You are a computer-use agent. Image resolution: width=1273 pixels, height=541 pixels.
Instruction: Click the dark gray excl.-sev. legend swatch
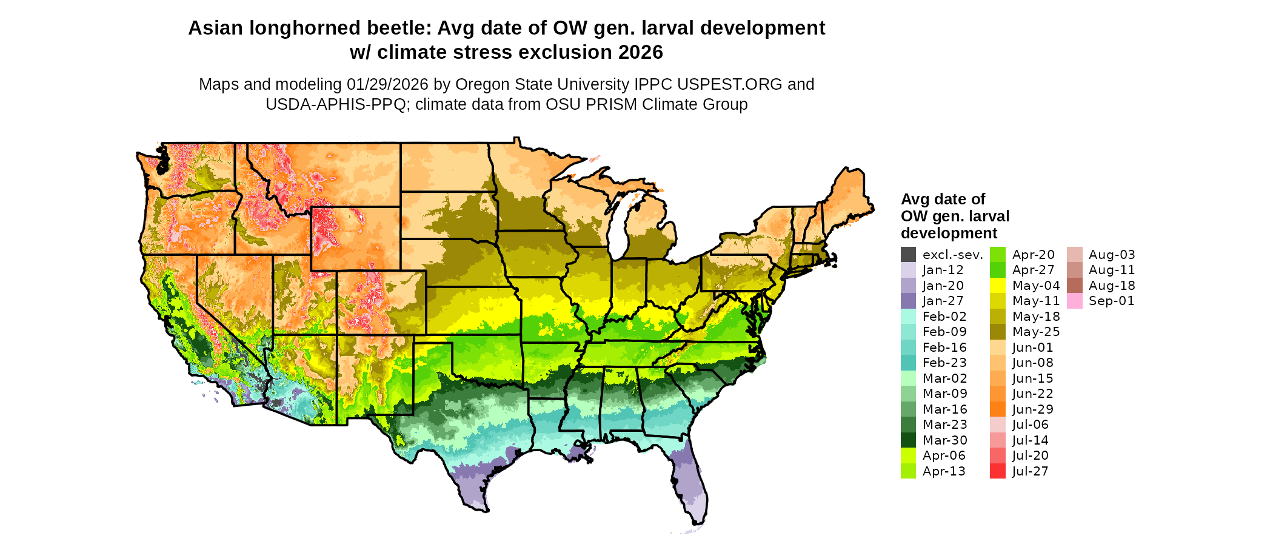[908, 255]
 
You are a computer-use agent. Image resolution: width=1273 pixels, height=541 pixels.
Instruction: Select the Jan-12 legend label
[943, 270]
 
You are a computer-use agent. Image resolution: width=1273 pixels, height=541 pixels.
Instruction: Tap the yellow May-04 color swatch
[998, 286]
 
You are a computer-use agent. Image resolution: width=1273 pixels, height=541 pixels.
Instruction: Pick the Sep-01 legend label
[1111, 301]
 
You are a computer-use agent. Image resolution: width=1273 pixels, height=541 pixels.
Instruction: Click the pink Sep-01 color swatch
[1075, 301]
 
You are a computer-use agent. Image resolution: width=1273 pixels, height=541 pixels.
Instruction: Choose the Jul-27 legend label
[1030, 471]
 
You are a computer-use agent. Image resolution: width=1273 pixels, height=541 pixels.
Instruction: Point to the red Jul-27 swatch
[998, 471]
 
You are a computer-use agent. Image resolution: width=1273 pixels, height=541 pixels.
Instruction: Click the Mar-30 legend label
[944, 440]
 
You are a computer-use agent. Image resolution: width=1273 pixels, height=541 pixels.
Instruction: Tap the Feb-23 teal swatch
[908, 363]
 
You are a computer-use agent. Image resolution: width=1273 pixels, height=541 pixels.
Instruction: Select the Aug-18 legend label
[1112, 286]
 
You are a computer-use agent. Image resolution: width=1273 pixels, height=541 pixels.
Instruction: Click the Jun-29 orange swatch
[998, 409]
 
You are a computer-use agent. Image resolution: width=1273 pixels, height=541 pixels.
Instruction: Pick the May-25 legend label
[1036, 332]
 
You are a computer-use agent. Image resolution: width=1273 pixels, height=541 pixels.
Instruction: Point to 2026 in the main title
[641, 53]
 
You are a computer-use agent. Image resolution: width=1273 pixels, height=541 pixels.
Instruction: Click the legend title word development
[949, 234]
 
